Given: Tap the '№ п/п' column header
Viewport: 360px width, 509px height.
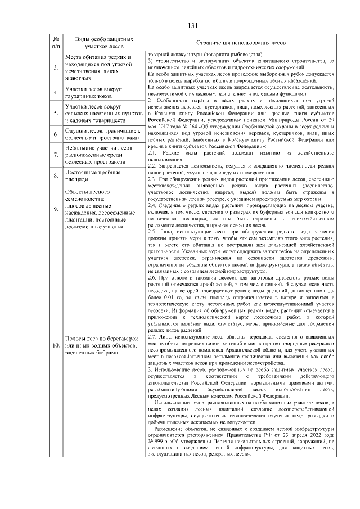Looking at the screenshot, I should pyautogui.click(x=56, y=43).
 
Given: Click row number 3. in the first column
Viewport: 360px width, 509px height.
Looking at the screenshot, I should pyautogui.click(x=56, y=68).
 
